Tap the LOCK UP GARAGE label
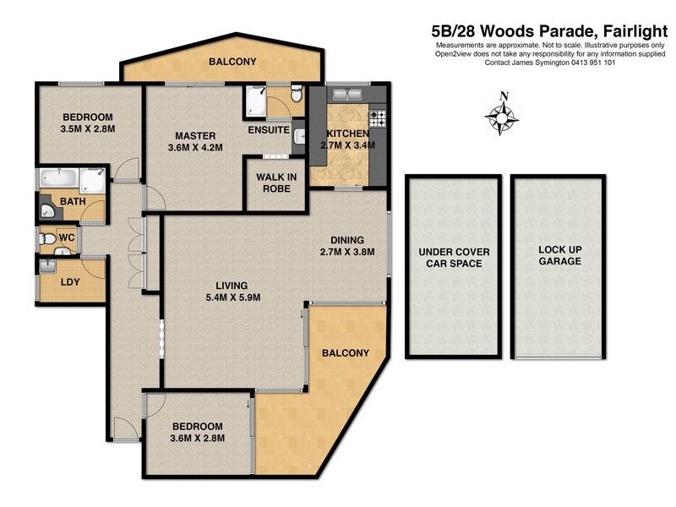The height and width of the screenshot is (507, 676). tap(560, 256)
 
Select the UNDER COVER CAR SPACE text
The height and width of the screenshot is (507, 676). tap(454, 258)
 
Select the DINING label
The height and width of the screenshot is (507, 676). tap(346, 238)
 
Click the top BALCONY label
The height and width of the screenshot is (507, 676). tap(232, 62)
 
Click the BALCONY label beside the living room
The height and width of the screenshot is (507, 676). tap(345, 352)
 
